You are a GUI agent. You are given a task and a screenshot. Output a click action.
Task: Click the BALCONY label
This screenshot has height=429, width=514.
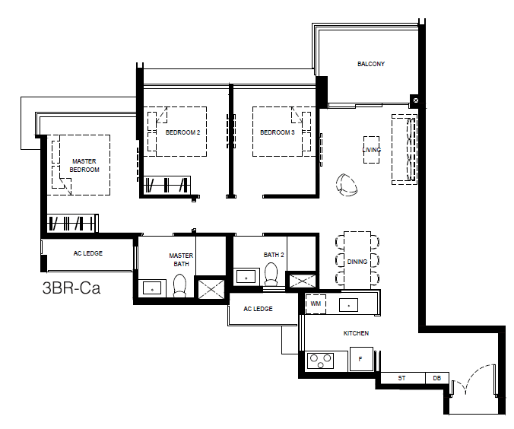click(x=371, y=64)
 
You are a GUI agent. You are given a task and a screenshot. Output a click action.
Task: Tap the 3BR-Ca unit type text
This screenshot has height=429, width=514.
click(x=71, y=288)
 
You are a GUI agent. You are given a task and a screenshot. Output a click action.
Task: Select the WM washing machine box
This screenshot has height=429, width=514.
click(x=316, y=303)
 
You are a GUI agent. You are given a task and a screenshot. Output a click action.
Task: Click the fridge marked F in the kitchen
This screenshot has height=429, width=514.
click(x=361, y=359)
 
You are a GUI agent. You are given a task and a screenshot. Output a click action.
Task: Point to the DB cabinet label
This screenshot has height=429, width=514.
click(x=436, y=378)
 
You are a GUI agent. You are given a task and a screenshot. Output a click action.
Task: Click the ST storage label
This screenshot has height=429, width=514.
click(x=401, y=378)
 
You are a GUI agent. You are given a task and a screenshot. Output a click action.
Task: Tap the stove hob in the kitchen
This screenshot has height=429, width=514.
click(x=320, y=361)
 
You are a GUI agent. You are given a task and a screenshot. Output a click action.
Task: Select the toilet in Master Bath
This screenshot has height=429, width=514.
click(x=179, y=286)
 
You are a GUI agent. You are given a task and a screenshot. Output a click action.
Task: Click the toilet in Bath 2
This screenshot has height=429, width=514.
click(x=271, y=275)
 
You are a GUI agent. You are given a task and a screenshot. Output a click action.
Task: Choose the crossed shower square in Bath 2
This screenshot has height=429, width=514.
click(x=302, y=281)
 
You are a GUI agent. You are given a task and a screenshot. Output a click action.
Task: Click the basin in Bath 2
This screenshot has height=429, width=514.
click(x=246, y=277)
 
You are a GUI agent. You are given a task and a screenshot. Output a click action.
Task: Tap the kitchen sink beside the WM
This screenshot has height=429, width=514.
click(x=348, y=305)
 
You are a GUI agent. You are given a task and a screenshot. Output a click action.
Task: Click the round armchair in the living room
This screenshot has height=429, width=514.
click(x=346, y=185)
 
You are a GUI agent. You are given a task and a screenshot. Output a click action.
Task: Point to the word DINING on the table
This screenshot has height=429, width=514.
click(x=357, y=262)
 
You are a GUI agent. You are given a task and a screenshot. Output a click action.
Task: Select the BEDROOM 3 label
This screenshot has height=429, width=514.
click(x=277, y=132)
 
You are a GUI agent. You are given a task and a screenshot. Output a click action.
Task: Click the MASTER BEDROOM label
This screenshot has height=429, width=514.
click(x=84, y=165)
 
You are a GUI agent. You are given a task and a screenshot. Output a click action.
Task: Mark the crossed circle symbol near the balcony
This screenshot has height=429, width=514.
click(x=416, y=100)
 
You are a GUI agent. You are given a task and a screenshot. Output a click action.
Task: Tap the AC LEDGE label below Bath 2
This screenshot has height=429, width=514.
click(x=258, y=309)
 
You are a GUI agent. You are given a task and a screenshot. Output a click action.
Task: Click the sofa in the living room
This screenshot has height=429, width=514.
click(x=405, y=149)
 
